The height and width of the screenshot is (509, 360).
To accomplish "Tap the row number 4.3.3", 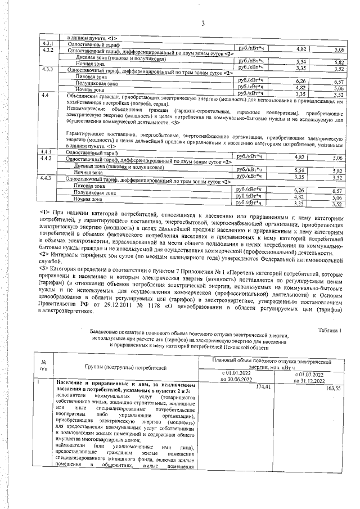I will pyautogui.click(x=48, y=69).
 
